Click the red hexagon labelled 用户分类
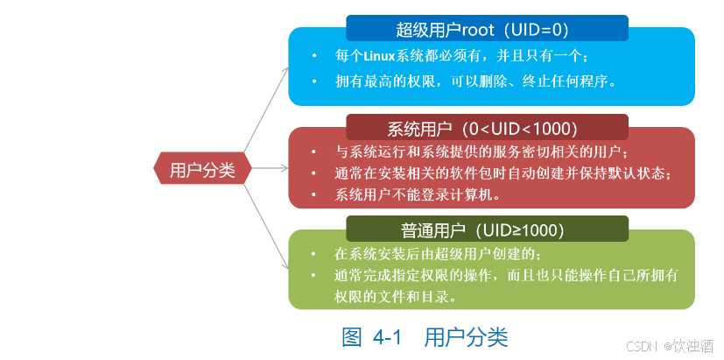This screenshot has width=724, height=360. click(202, 170)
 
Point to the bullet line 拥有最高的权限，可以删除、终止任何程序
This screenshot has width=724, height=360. click(477, 81)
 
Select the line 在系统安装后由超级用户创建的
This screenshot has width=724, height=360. click(438, 254)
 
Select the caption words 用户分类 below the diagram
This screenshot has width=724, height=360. click(466, 336)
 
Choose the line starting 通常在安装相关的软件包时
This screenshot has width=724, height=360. click(503, 173)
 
